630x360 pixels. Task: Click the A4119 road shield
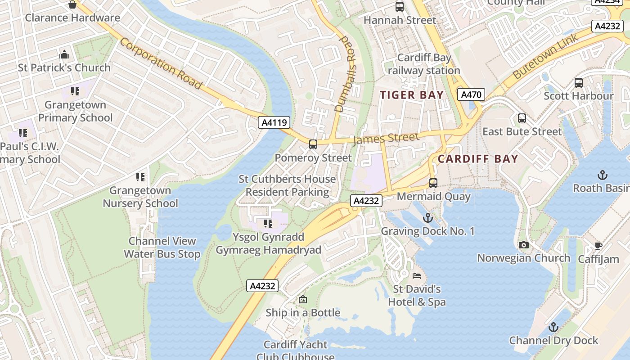274,122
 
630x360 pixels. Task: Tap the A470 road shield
471,94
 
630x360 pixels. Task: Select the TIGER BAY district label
412,95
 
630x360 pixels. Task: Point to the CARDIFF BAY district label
478,159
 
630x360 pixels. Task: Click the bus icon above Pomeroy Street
313,144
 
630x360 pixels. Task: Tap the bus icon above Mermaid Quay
433,183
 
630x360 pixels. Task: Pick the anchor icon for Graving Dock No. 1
428,218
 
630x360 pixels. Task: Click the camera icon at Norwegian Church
523,245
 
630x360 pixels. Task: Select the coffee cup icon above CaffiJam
598,246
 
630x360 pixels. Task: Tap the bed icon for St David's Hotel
417,275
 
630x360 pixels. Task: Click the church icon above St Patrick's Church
64,55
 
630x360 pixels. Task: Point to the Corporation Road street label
161,63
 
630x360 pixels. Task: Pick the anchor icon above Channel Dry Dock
553,327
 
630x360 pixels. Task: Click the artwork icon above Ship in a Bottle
303,299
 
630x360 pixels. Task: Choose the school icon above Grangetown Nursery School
140,177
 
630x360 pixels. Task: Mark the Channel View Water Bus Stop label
162,247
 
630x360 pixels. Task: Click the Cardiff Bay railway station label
424,64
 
